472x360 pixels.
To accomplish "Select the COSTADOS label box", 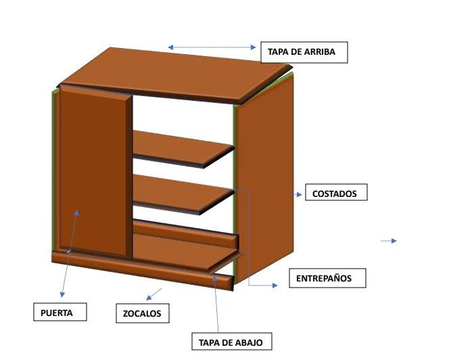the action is [334, 194].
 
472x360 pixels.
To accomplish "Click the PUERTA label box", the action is [61, 313].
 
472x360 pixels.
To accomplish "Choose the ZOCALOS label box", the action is [142, 314].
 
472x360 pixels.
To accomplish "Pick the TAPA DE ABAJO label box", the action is [231, 342].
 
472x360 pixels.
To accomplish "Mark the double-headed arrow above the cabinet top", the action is [212, 47].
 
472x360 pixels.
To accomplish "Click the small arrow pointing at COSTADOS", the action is [298, 194].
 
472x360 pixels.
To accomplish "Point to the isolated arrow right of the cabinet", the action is [389, 241].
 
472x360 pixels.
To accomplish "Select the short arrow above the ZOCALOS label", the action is [154, 294].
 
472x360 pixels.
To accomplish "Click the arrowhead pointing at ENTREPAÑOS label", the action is [274, 286].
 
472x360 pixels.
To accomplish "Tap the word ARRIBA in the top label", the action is [320, 52].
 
